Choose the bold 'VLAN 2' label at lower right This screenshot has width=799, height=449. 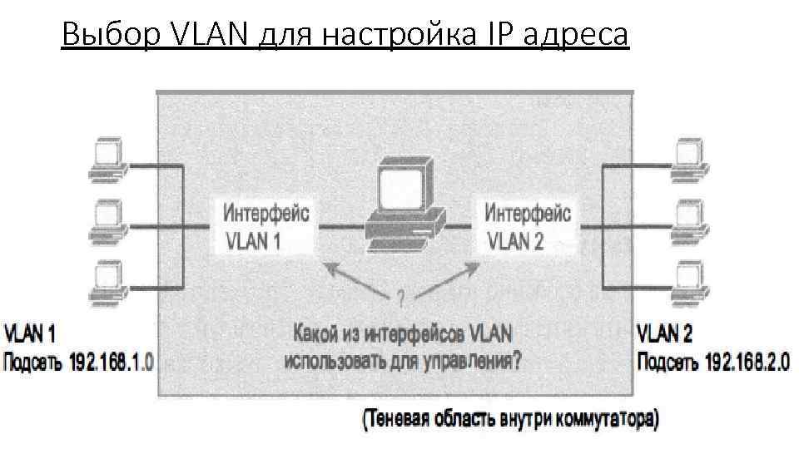664,336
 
